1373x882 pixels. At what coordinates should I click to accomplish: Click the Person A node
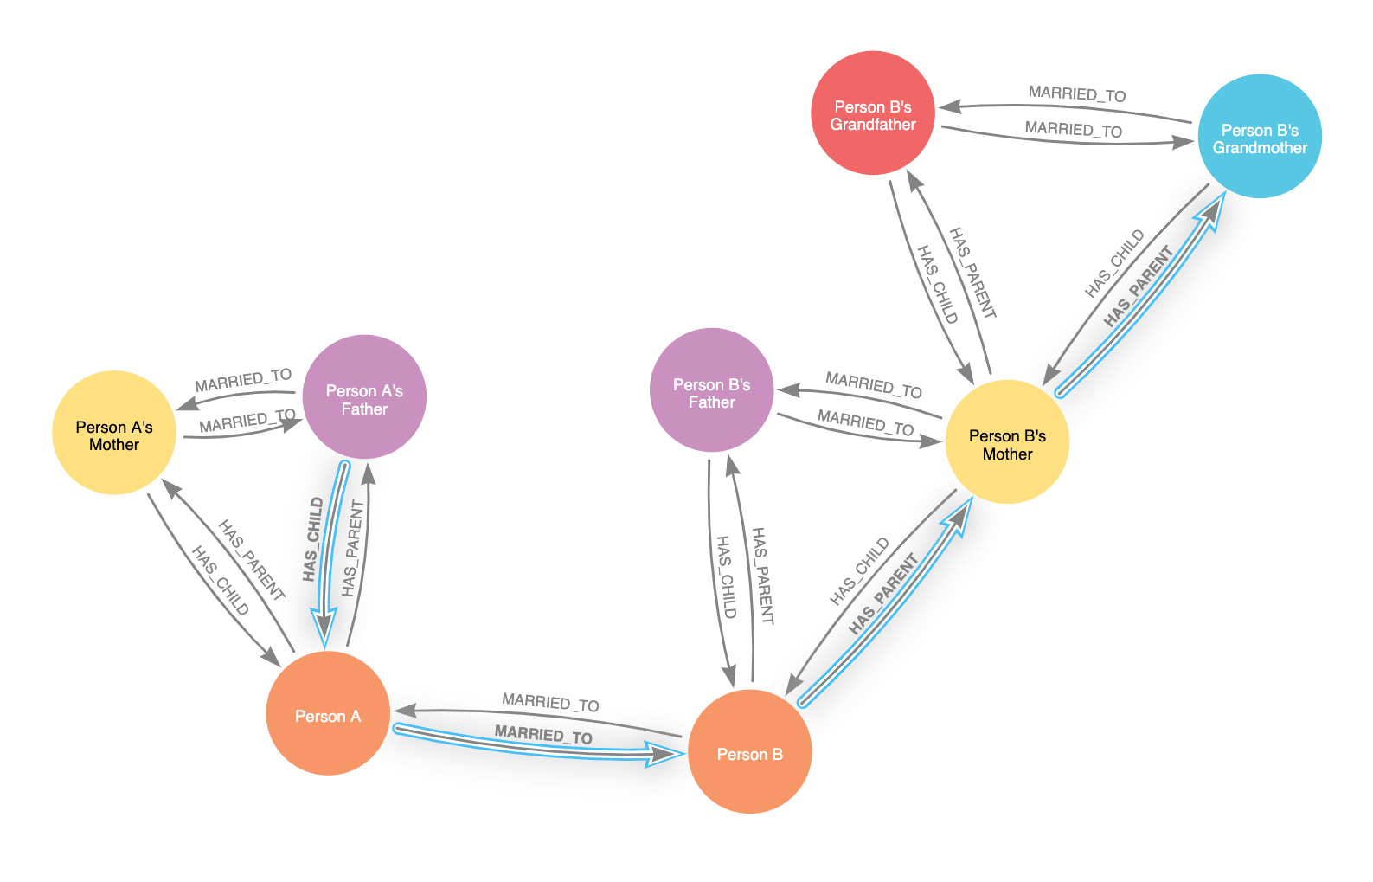click(x=328, y=713)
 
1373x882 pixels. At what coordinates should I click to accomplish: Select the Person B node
click(x=749, y=751)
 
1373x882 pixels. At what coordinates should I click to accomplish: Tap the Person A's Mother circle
click(x=114, y=433)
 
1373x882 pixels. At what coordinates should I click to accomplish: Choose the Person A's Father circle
click(x=365, y=396)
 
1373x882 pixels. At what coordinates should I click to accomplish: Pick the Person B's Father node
click(x=712, y=390)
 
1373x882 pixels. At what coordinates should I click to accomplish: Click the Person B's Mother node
click(x=1008, y=442)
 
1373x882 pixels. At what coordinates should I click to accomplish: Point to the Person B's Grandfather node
click(x=873, y=113)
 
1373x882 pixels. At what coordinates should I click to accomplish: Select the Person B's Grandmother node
click(x=1260, y=136)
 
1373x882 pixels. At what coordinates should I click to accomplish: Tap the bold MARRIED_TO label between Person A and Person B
click(x=543, y=734)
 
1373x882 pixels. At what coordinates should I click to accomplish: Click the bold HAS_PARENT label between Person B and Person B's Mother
click(x=883, y=595)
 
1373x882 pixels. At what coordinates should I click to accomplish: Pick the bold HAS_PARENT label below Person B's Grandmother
click(x=1139, y=286)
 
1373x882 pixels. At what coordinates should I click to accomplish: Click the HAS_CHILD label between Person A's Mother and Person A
click(x=221, y=581)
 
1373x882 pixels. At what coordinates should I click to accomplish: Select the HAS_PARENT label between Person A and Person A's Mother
click(x=252, y=560)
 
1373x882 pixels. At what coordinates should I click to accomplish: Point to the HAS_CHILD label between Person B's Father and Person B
click(x=726, y=577)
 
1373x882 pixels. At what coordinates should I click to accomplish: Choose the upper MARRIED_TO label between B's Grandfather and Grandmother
click(x=1077, y=93)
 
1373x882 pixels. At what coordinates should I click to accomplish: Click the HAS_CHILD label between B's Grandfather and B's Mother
click(x=937, y=285)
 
